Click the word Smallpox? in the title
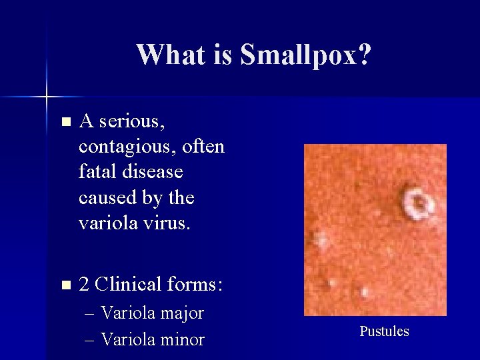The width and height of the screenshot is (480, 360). coord(305,55)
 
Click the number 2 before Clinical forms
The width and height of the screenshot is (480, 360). coord(84,285)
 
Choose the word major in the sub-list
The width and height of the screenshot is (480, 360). coord(180,313)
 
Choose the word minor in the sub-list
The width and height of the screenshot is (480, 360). coord(181,339)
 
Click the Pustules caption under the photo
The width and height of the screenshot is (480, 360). coord(384,331)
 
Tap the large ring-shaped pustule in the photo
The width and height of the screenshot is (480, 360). coord(417,203)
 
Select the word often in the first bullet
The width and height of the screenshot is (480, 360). coord(203,147)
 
